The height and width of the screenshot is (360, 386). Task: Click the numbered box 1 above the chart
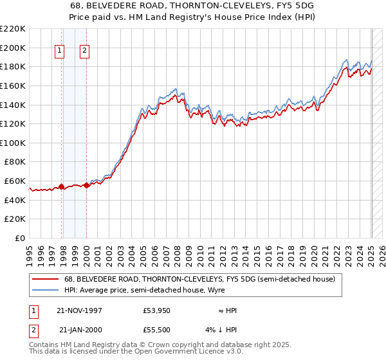point(59,51)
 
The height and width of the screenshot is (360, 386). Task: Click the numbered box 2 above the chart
point(84,51)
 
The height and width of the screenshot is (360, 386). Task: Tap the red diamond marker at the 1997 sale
point(62,187)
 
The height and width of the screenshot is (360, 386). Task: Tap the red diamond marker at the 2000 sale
point(86,186)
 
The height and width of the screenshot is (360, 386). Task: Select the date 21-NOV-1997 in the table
point(80,310)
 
